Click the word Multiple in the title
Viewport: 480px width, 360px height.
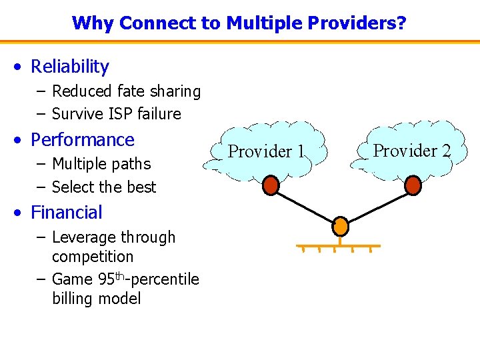[x=260, y=23]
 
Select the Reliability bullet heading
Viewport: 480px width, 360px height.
[x=70, y=67]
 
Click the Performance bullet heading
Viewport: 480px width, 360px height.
[x=83, y=140]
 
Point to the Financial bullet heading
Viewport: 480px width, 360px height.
[x=67, y=213]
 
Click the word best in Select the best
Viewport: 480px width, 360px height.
[x=142, y=187]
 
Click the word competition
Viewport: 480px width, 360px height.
[x=93, y=257]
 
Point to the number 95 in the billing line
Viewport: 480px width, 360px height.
[x=107, y=279]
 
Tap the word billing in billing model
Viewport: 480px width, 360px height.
[x=73, y=299]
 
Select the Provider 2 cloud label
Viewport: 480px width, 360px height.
[x=412, y=151]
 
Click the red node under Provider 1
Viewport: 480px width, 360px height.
[x=271, y=185]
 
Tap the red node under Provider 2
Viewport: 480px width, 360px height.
[x=413, y=185]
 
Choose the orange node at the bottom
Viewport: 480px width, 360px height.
[x=341, y=227]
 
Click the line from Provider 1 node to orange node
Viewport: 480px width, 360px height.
[x=305, y=205]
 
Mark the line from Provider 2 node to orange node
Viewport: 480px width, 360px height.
[x=377, y=205]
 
